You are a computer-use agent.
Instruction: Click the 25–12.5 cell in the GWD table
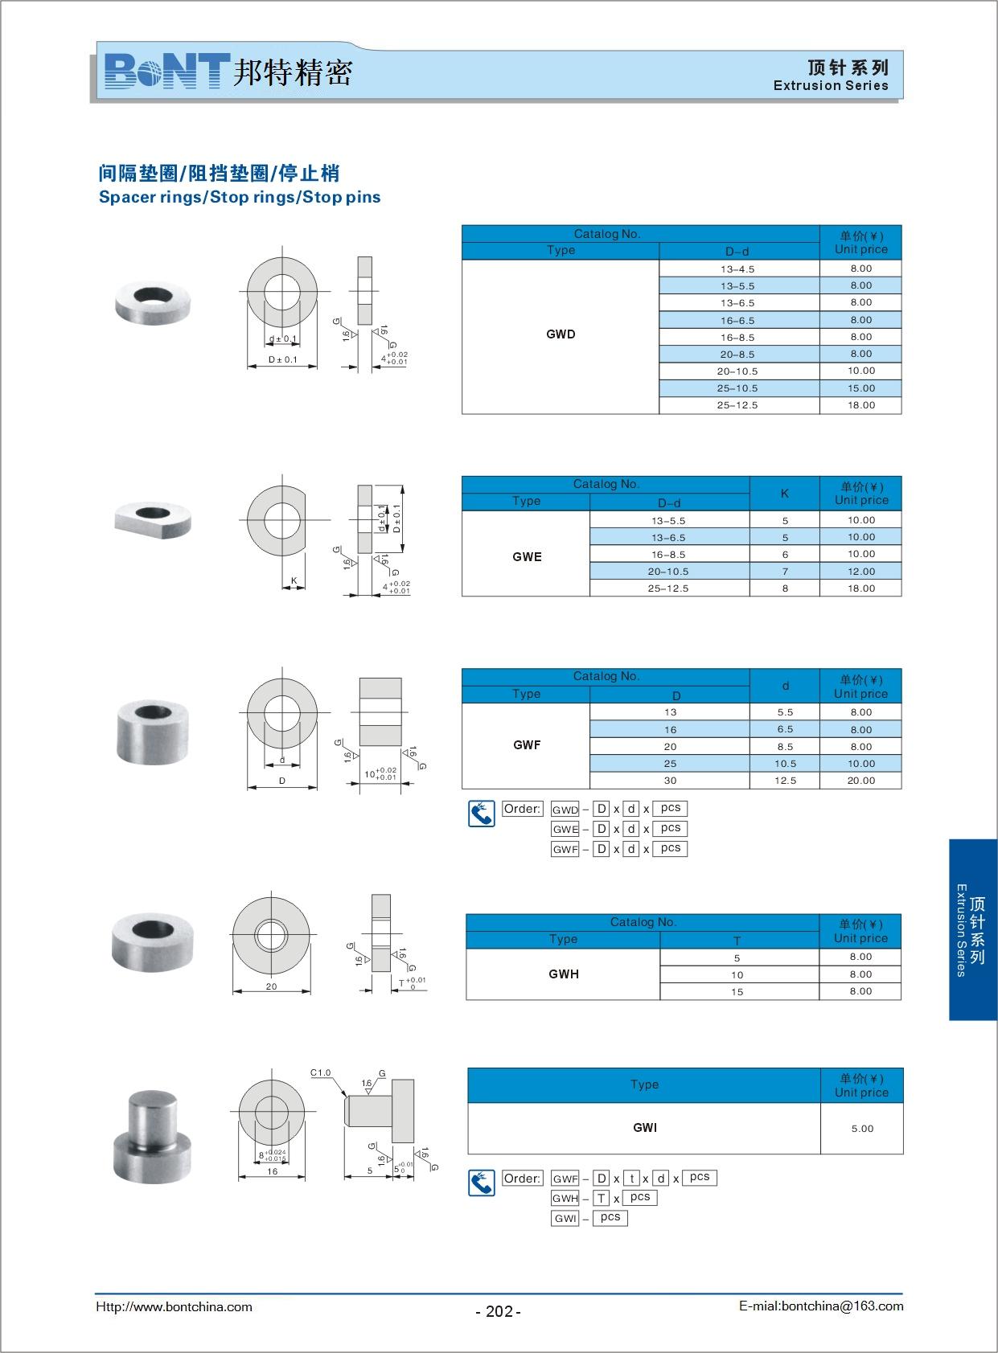[737, 405]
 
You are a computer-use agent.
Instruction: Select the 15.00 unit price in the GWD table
[860, 388]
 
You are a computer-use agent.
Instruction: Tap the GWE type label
[527, 557]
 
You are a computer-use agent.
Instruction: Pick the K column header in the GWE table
[784, 494]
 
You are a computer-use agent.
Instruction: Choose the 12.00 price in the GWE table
[860, 572]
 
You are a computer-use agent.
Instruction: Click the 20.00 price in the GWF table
[860, 781]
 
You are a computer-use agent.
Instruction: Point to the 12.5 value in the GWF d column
[785, 781]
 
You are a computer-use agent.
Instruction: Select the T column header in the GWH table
[737, 941]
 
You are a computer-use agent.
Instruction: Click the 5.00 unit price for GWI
[862, 1129]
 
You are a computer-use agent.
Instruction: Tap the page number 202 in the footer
[499, 1311]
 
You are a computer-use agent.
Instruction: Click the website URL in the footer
[174, 1307]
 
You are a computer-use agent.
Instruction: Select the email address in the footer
[821, 1306]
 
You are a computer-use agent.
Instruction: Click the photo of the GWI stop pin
[152, 1136]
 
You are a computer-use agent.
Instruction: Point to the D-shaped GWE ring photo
[153, 519]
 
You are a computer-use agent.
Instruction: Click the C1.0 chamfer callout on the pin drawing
[321, 1072]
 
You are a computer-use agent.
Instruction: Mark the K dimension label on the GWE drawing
[294, 580]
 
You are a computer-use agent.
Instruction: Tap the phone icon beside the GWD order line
[482, 814]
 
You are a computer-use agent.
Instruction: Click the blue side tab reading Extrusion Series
[972, 930]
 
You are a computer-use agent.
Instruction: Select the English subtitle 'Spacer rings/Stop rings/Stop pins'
[240, 198]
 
